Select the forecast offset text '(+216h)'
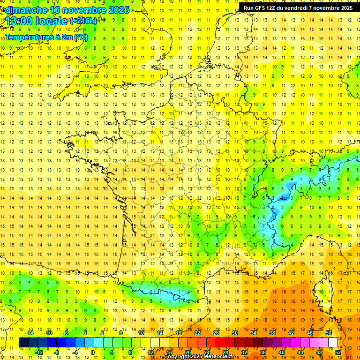(83, 21)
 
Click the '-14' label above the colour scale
(29, 333)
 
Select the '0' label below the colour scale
(92, 352)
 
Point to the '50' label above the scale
(328, 333)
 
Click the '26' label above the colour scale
(216, 333)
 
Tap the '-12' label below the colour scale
(39, 352)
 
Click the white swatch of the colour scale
(333, 343)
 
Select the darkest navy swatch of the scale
(24, 343)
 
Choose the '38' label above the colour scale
(272, 333)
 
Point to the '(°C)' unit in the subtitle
(81, 37)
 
